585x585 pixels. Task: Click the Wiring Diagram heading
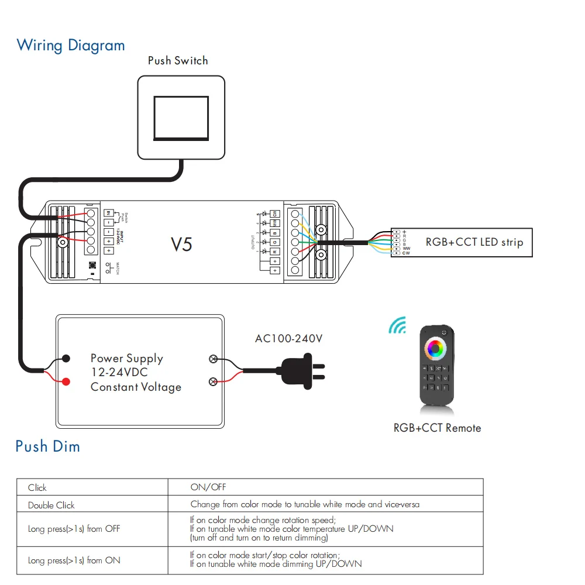coord(71,46)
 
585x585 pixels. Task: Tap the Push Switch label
coord(178,60)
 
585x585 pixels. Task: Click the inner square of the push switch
coord(181,118)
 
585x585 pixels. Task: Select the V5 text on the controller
coord(181,244)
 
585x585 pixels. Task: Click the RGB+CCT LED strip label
coord(474,242)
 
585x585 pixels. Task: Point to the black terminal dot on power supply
coord(66,358)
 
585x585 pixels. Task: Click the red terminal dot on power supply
coord(66,381)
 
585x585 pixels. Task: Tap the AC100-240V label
coord(289,339)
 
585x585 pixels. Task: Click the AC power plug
coord(304,370)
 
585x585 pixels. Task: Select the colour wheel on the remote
coord(436,349)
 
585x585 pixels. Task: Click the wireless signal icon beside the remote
coord(398,326)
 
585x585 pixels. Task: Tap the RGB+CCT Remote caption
coord(437,428)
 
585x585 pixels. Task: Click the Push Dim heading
coord(48,447)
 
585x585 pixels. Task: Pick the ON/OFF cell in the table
coord(208,487)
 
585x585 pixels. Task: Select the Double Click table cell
coord(51,505)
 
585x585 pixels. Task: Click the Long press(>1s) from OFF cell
coord(74,529)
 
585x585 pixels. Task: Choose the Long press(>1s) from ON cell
coord(74,560)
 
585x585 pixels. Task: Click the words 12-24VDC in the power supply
coord(119,373)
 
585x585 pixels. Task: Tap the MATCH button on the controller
coord(92,264)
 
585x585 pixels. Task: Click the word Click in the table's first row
coord(37,487)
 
